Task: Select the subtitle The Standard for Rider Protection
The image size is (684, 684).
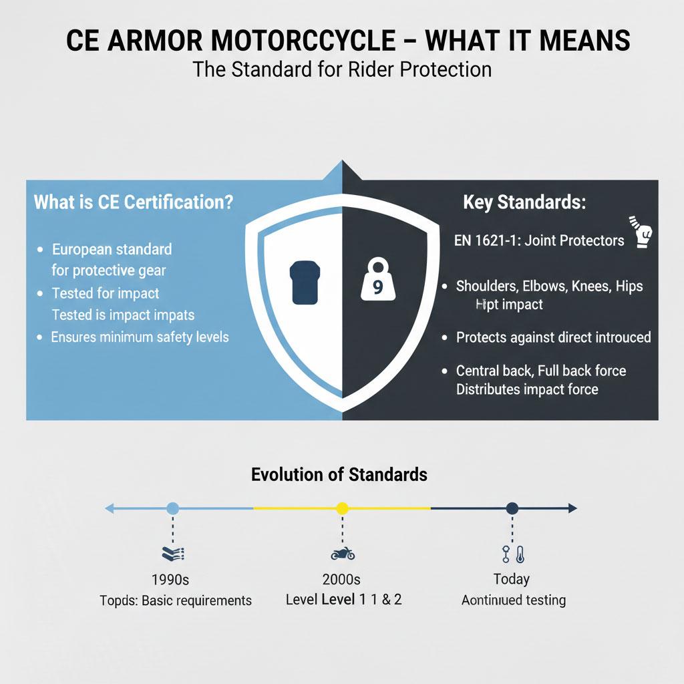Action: (341, 69)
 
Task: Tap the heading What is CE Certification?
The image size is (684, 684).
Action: (134, 202)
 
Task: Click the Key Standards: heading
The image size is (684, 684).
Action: (524, 203)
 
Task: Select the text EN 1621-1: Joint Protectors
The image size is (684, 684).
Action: (539, 240)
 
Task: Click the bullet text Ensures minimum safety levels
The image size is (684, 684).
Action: (140, 337)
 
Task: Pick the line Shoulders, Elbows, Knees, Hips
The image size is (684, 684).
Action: (549, 286)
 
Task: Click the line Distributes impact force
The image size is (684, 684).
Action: (527, 389)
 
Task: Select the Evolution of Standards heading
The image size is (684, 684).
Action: (339, 474)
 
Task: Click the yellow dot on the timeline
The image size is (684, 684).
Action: (342, 508)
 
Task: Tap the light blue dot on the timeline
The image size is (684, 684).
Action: (172, 508)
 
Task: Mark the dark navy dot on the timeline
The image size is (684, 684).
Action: (512, 508)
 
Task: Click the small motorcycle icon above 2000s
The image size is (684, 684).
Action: (343, 554)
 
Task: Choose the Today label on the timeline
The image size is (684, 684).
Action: (512, 578)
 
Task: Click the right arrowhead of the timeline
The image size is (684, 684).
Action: (572, 508)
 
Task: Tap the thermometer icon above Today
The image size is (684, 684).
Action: (518, 554)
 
